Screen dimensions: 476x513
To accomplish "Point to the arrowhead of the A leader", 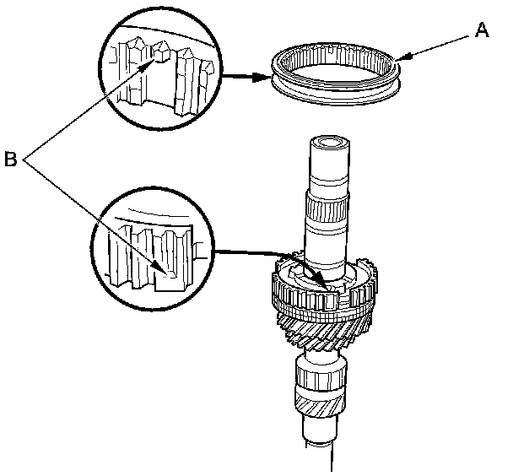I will pos(401,58).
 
